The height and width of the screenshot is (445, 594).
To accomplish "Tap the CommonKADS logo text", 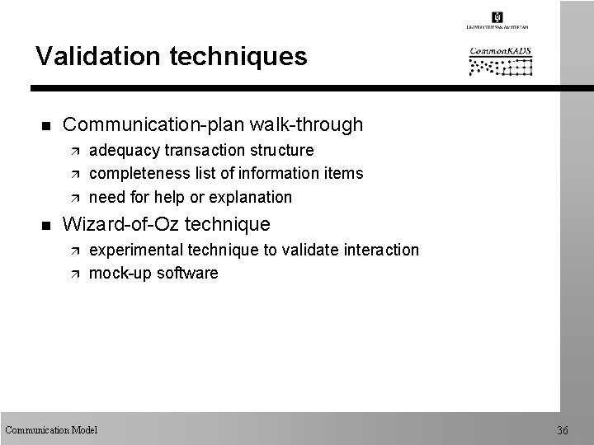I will coord(500,51).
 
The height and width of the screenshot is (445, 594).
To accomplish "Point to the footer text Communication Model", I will coord(51,429).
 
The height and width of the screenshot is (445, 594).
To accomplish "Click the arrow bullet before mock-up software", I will coord(73,274).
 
